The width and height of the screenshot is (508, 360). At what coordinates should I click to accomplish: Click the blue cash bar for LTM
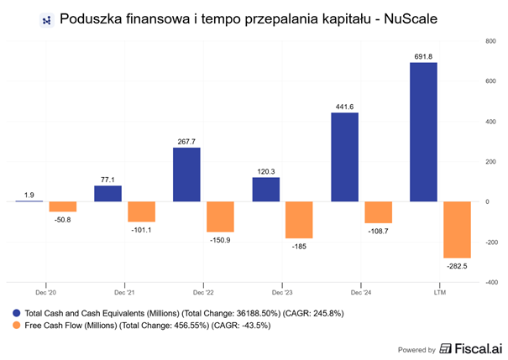[424, 132]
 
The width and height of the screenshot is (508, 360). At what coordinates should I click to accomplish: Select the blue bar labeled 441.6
[345, 157]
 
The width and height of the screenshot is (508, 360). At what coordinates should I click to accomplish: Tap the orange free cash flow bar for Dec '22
[221, 217]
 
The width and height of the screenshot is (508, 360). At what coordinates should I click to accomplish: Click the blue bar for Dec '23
[266, 190]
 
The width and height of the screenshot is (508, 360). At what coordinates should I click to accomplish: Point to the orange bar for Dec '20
[62, 206]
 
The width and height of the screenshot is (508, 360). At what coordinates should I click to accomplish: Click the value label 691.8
[424, 55]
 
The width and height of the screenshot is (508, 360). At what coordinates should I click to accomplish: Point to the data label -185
[300, 247]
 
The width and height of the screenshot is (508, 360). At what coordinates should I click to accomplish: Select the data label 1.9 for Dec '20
[29, 195]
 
